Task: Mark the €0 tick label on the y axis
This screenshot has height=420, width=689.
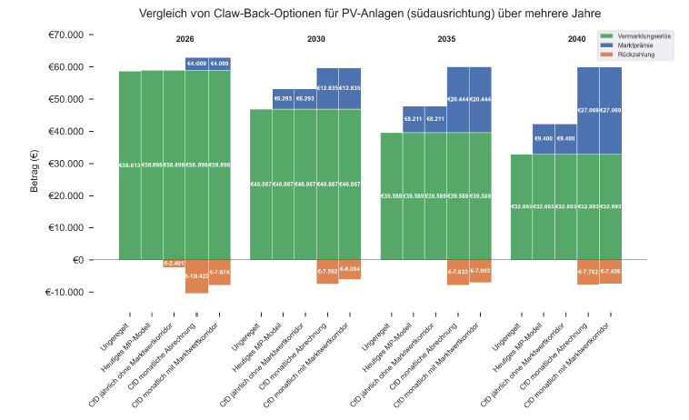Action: point(75,260)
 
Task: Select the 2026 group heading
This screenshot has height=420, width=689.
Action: point(185,40)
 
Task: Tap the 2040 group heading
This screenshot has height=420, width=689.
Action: point(576,40)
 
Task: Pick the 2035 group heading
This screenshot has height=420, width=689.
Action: point(446,40)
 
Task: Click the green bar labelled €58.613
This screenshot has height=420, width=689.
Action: point(130,165)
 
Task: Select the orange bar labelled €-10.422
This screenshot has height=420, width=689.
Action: point(196,276)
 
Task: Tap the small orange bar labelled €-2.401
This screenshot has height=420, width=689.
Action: point(175,264)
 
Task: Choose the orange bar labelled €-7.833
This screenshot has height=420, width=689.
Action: point(458,272)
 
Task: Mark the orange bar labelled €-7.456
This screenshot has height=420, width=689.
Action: point(611,272)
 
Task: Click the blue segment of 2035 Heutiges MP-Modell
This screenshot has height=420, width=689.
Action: point(414,119)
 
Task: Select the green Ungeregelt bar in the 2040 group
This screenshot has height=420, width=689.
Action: point(522,206)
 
